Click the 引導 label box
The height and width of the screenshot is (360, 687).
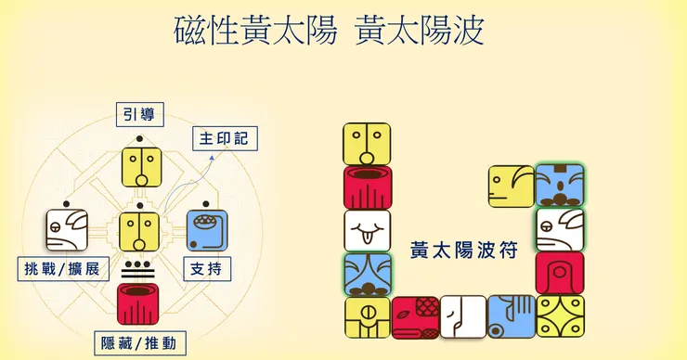140,115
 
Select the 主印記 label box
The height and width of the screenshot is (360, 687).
225,139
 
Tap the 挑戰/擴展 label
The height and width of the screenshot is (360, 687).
63,268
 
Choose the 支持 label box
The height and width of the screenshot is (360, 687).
207,269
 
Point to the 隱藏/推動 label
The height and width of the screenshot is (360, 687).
140,343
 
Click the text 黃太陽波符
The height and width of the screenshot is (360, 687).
463,251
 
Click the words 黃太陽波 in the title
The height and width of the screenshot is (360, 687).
420,31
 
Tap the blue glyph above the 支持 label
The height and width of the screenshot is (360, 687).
207,230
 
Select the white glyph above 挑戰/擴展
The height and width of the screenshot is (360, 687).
67,230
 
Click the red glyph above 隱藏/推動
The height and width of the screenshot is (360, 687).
138,304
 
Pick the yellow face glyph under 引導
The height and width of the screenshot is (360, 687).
141,168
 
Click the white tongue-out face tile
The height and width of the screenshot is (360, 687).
367,231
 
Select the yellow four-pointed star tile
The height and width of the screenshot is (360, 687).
560,316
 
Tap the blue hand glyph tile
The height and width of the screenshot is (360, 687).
512,316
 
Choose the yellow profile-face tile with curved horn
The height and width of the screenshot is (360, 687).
512,186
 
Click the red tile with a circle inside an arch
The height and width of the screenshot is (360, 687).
560,273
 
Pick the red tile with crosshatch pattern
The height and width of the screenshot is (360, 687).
415,317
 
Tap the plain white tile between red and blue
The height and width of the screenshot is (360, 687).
463,316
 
